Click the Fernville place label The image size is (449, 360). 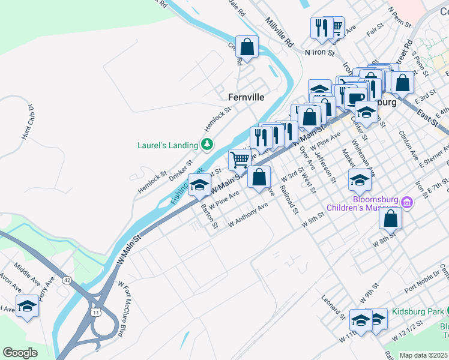coord(246,97)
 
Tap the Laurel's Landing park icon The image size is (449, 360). coord(207,144)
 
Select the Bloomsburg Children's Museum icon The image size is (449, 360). coord(407,202)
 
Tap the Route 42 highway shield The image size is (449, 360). coord(67,280)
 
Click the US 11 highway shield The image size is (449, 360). coord(96,312)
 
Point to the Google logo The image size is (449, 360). coord(19,353)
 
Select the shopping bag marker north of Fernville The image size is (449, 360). coord(247,46)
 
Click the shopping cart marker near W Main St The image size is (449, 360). coord(240,160)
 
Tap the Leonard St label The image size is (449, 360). coord(333,307)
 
